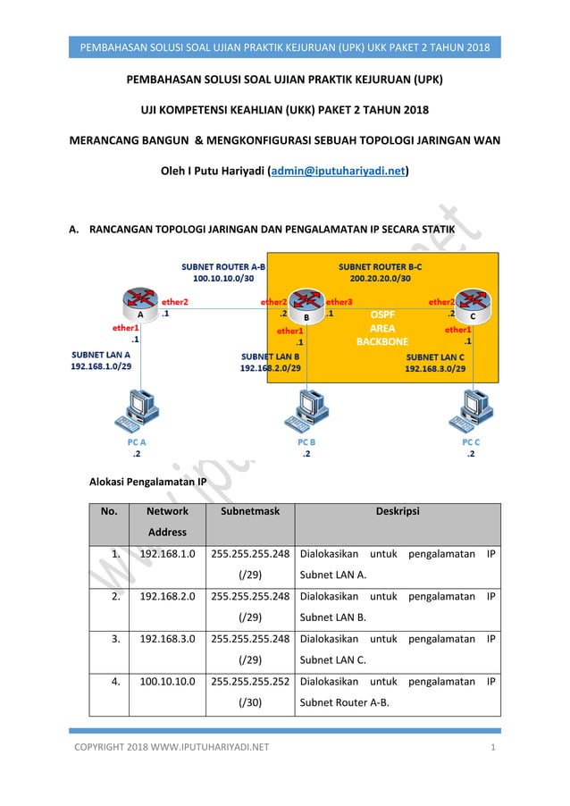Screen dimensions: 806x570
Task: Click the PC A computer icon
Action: click(x=136, y=409)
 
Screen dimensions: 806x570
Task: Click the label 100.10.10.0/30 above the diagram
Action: click(x=224, y=279)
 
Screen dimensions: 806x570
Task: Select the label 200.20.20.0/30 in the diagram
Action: click(x=380, y=279)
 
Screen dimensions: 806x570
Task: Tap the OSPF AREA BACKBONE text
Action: click(x=382, y=328)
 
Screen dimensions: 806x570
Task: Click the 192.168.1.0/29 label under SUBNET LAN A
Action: click(x=102, y=365)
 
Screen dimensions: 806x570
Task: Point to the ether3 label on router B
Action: click(x=339, y=303)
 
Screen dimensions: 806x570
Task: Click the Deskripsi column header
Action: click(x=397, y=512)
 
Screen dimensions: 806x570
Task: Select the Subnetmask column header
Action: click(x=249, y=512)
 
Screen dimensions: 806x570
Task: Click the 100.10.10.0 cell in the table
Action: click(x=166, y=683)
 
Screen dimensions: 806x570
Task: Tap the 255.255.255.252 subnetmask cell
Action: click(x=249, y=683)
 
